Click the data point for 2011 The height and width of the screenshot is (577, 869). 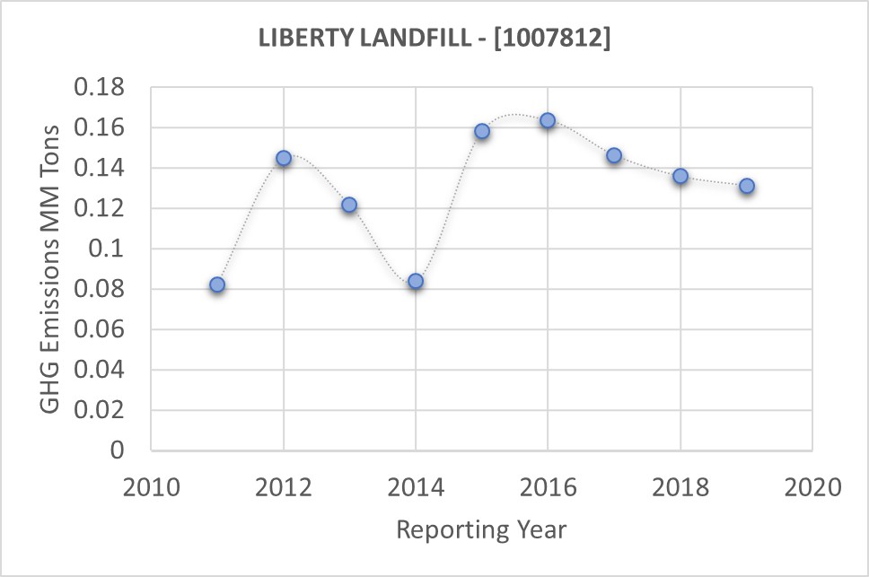pos(217,284)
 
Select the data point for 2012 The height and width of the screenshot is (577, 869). pos(284,158)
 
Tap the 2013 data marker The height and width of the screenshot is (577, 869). pos(349,205)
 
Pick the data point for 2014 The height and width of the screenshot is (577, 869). pos(416,281)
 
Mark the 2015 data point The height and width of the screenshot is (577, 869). pos(482,131)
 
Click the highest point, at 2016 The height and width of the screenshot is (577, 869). pos(548,120)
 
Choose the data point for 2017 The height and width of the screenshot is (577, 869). pos(614,155)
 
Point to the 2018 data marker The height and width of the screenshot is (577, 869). pos(680,176)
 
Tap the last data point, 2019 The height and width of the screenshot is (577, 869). pos(746,186)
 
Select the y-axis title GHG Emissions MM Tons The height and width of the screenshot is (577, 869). pos(52,268)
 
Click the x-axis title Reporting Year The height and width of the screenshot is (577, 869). pos(481,529)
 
